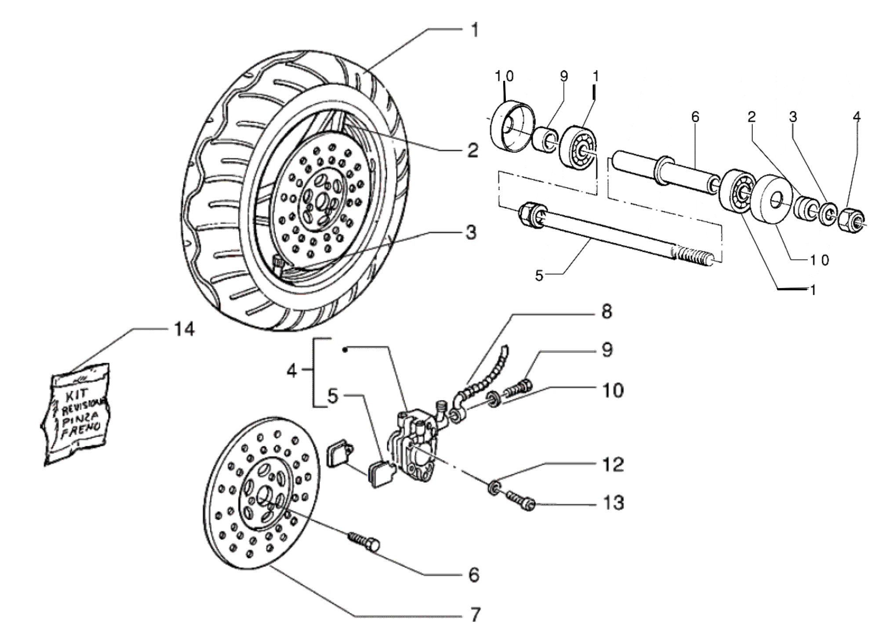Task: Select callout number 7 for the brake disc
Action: tap(474, 614)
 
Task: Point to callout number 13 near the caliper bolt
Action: tap(613, 503)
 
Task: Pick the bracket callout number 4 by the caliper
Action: tap(291, 371)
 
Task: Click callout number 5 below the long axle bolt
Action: tap(539, 276)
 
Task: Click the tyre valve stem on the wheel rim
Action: tap(278, 264)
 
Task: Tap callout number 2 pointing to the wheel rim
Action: tap(472, 151)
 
